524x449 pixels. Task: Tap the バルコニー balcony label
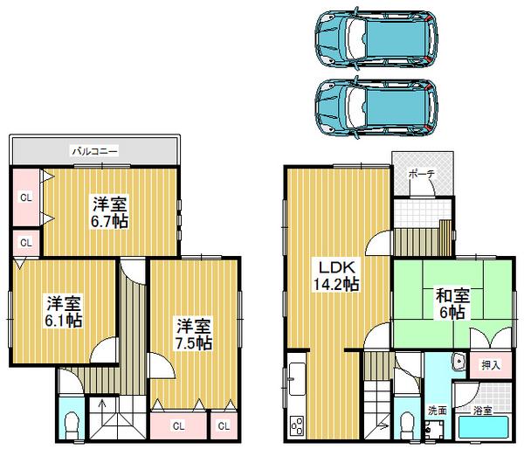coord(95,151)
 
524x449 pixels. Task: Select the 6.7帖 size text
coord(110,220)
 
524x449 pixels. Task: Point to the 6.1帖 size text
coord(65,320)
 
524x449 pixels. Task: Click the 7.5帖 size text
coord(191,342)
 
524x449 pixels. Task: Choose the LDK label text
coord(336,266)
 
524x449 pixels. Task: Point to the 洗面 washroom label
coord(437,409)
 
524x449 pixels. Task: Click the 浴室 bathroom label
coord(483,409)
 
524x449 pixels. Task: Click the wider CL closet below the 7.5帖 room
coord(177,426)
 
